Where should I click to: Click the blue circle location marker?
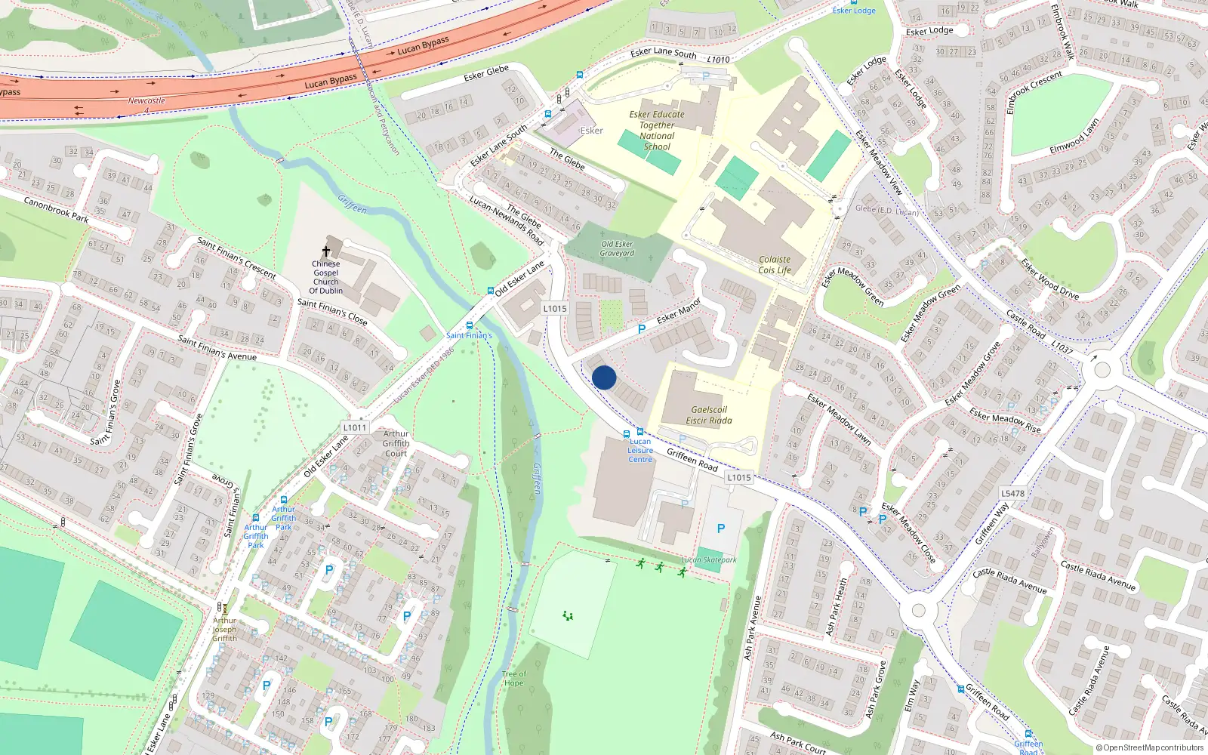coord(604,377)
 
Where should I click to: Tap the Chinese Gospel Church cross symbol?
coord(326,251)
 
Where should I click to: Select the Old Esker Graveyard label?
coord(617,248)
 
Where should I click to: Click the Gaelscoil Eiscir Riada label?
coord(708,415)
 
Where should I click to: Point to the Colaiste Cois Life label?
coord(775,264)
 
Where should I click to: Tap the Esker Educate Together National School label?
coord(657,131)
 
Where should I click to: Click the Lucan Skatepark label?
coord(708,560)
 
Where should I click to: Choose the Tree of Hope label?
coord(513,678)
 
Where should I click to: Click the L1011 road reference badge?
coord(354,427)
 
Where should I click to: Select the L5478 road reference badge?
coord(1012,494)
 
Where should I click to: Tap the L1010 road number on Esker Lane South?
coord(719,60)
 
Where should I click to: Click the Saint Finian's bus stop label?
coord(469,335)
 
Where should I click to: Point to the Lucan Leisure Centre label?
coord(640,450)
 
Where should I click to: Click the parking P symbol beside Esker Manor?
coord(641,329)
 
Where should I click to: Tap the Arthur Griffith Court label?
coord(396,443)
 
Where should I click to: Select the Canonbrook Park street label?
coord(56,209)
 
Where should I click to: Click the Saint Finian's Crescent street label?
coord(236,257)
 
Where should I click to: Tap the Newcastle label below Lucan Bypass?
coord(146,100)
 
